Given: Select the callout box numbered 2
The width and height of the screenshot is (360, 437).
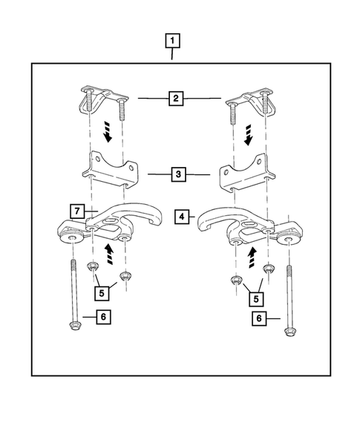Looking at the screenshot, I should click(x=177, y=97).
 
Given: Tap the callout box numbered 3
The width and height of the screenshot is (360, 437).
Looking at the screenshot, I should click(x=178, y=175).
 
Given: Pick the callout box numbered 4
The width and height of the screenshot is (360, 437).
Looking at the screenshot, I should click(x=182, y=217).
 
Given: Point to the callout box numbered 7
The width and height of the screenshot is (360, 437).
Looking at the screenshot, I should click(x=77, y=211).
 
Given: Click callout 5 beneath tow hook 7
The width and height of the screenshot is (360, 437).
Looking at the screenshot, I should click(x=103, y=292).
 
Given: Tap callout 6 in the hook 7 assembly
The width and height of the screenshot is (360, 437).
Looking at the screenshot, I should click(x=103, y=317).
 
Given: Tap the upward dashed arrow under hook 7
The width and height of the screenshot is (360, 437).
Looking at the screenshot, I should click(x=111, y=257).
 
